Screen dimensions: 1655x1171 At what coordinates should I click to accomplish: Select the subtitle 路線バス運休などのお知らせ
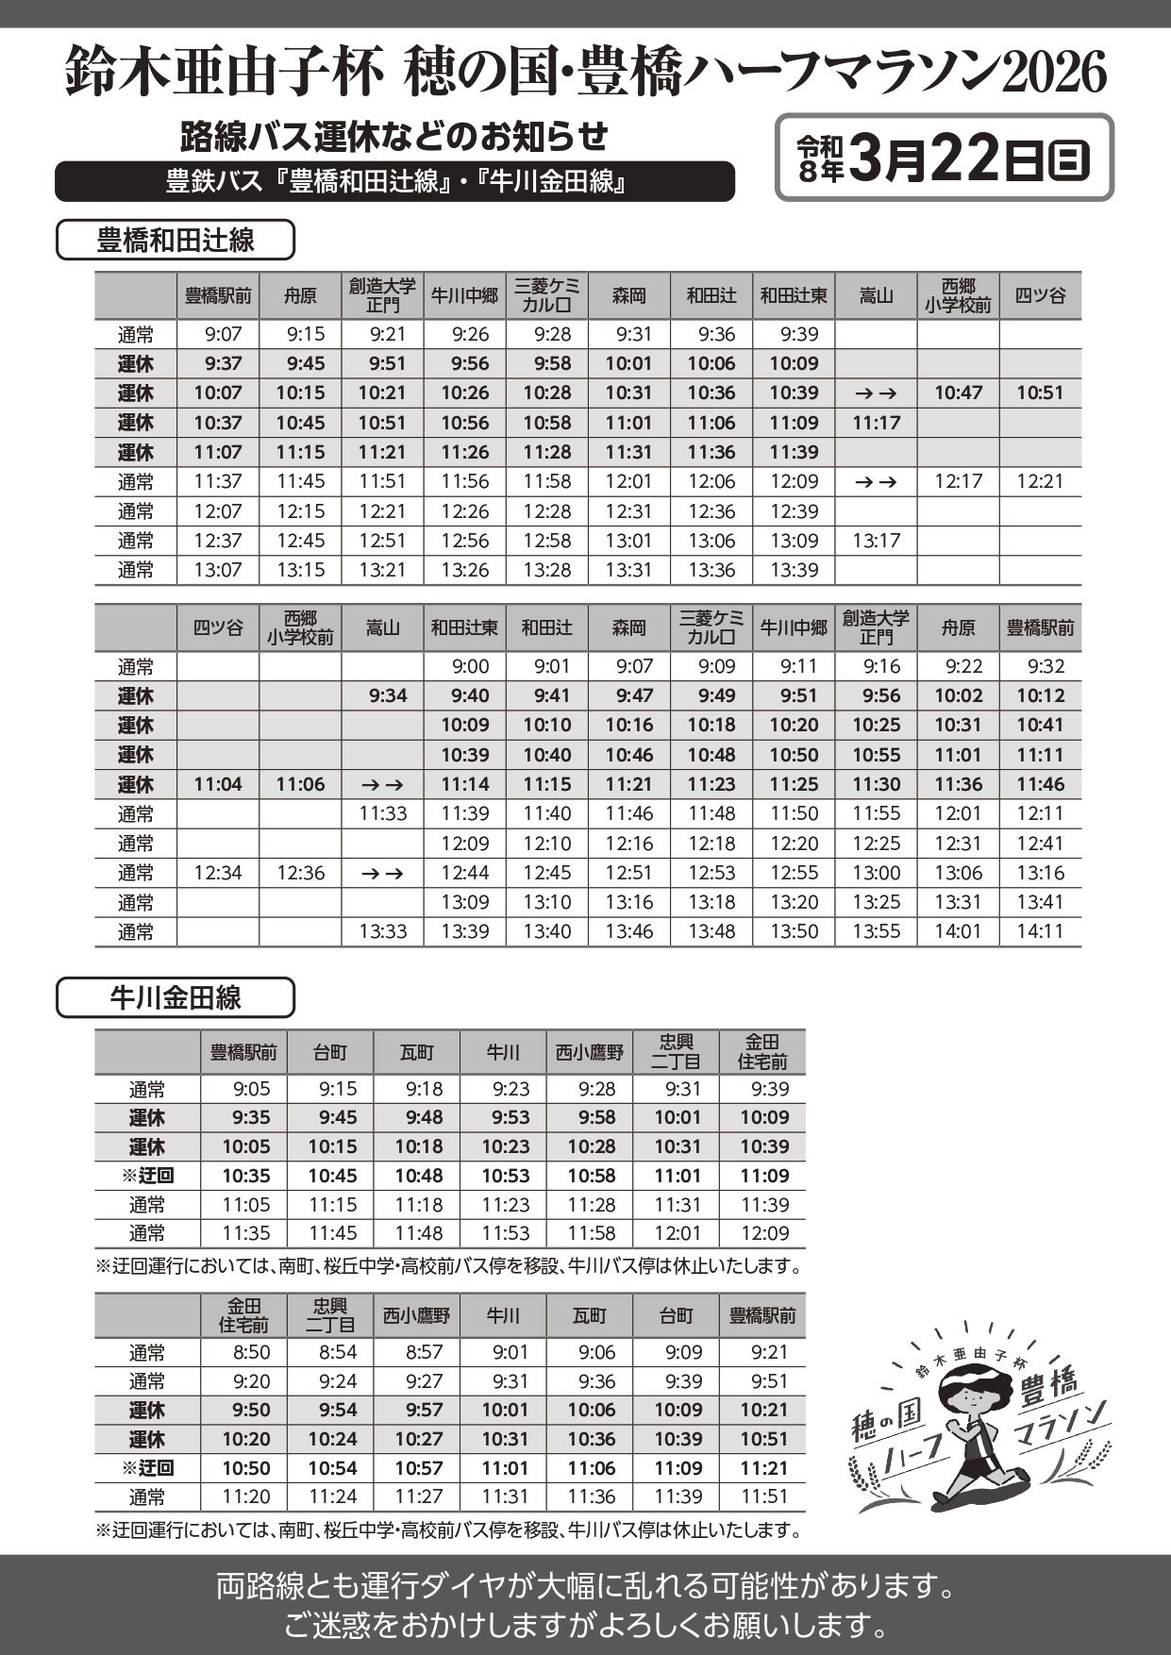[x=394, y=137]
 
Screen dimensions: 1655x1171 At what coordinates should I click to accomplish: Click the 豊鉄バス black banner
[x=394, y=181]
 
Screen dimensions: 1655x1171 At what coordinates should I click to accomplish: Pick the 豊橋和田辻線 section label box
[x=176, y=240]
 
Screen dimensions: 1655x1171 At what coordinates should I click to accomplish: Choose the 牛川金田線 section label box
[x=176, y=998]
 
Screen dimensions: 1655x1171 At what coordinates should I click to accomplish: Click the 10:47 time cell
[x=958, y=393]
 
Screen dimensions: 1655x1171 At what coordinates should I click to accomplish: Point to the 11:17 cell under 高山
[x=876, y=423]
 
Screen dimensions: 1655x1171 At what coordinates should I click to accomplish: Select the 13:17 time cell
[x=876, y=541]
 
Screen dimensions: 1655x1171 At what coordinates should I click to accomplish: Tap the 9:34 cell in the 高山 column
[x=382, y=695]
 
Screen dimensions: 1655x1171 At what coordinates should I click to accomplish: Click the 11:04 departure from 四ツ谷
[x=218, y=784]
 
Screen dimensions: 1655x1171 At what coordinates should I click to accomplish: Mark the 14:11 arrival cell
[x=1040, y=931]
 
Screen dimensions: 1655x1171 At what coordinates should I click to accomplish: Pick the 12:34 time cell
[x=218, y=873]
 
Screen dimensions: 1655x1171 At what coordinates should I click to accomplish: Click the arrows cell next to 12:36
[x=382, y=873]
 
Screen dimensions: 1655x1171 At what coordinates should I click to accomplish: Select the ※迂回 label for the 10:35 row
[x=147, y=1176]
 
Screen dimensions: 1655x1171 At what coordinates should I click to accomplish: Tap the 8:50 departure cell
[x=251, y=1352]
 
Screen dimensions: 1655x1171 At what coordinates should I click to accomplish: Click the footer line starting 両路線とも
[x=585, y=1586]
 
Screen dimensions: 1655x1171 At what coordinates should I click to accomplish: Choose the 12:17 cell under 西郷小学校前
[x=958, y=481]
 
